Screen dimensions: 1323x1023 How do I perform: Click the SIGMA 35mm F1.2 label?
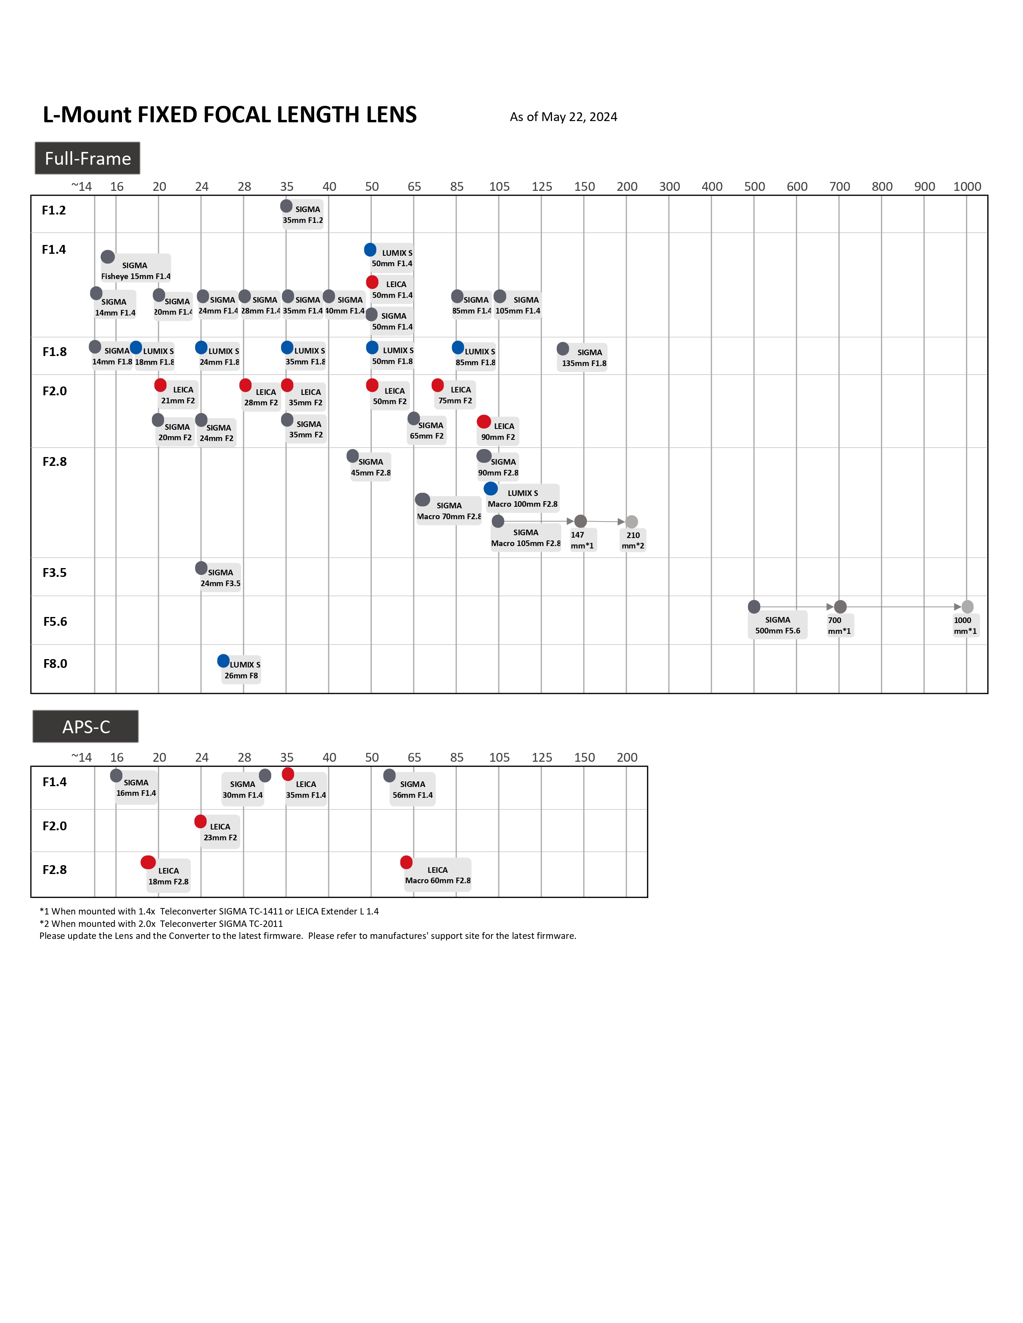coord(303,215)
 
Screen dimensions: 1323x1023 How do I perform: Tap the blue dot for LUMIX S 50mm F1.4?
coord(370,250)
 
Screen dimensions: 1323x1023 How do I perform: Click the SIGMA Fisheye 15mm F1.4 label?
coord(136,271)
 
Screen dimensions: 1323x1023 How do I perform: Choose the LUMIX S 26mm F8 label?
coord(242,670)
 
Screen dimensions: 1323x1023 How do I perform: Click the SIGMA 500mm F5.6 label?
coord(777,625)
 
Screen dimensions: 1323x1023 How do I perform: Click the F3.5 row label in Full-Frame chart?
coord(55,572)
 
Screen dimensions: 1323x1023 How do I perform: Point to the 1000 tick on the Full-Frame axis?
coord(967,186)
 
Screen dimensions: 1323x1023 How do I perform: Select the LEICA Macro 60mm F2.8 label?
coord(438,875)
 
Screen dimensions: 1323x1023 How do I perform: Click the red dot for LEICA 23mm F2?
coord(201,821)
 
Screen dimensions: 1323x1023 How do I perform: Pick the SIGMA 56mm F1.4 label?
coord(413,789)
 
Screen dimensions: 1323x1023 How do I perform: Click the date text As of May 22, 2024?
coord(563,117)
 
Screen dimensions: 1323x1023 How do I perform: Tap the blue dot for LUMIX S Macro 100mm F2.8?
coord(491,489)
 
